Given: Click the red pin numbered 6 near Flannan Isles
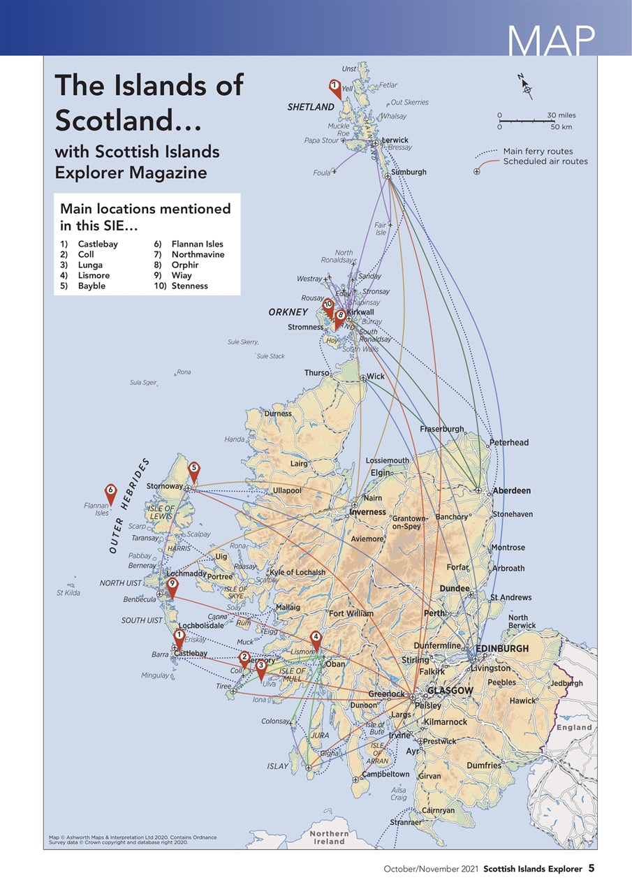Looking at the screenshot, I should point(110,492).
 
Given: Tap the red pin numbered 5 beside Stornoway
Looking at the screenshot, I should point(194,470).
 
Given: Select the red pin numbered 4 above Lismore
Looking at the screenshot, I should point(316,638).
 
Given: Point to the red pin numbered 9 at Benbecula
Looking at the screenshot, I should point(172,585).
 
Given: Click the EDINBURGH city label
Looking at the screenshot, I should point(502,649).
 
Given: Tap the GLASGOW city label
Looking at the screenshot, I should point(450,691).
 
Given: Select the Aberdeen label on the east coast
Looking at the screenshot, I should point(512,491).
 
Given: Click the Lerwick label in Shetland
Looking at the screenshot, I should point(395,140).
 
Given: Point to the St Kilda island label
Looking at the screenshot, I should point(68,593).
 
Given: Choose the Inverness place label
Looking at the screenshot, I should point(367,512).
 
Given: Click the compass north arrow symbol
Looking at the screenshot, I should point(527,85).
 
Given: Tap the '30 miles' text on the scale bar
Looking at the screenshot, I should point(561,115).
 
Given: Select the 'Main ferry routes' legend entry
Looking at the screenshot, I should point(538,151).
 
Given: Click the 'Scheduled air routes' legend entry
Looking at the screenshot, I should point(545,161).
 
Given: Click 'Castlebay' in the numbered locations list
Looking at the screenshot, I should point(98,244).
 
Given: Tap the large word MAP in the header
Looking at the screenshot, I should point(551,41).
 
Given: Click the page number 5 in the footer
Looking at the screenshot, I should point(591,868).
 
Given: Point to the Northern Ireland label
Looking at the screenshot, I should point(329,837).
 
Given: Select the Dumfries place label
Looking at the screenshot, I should point(484,765).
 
